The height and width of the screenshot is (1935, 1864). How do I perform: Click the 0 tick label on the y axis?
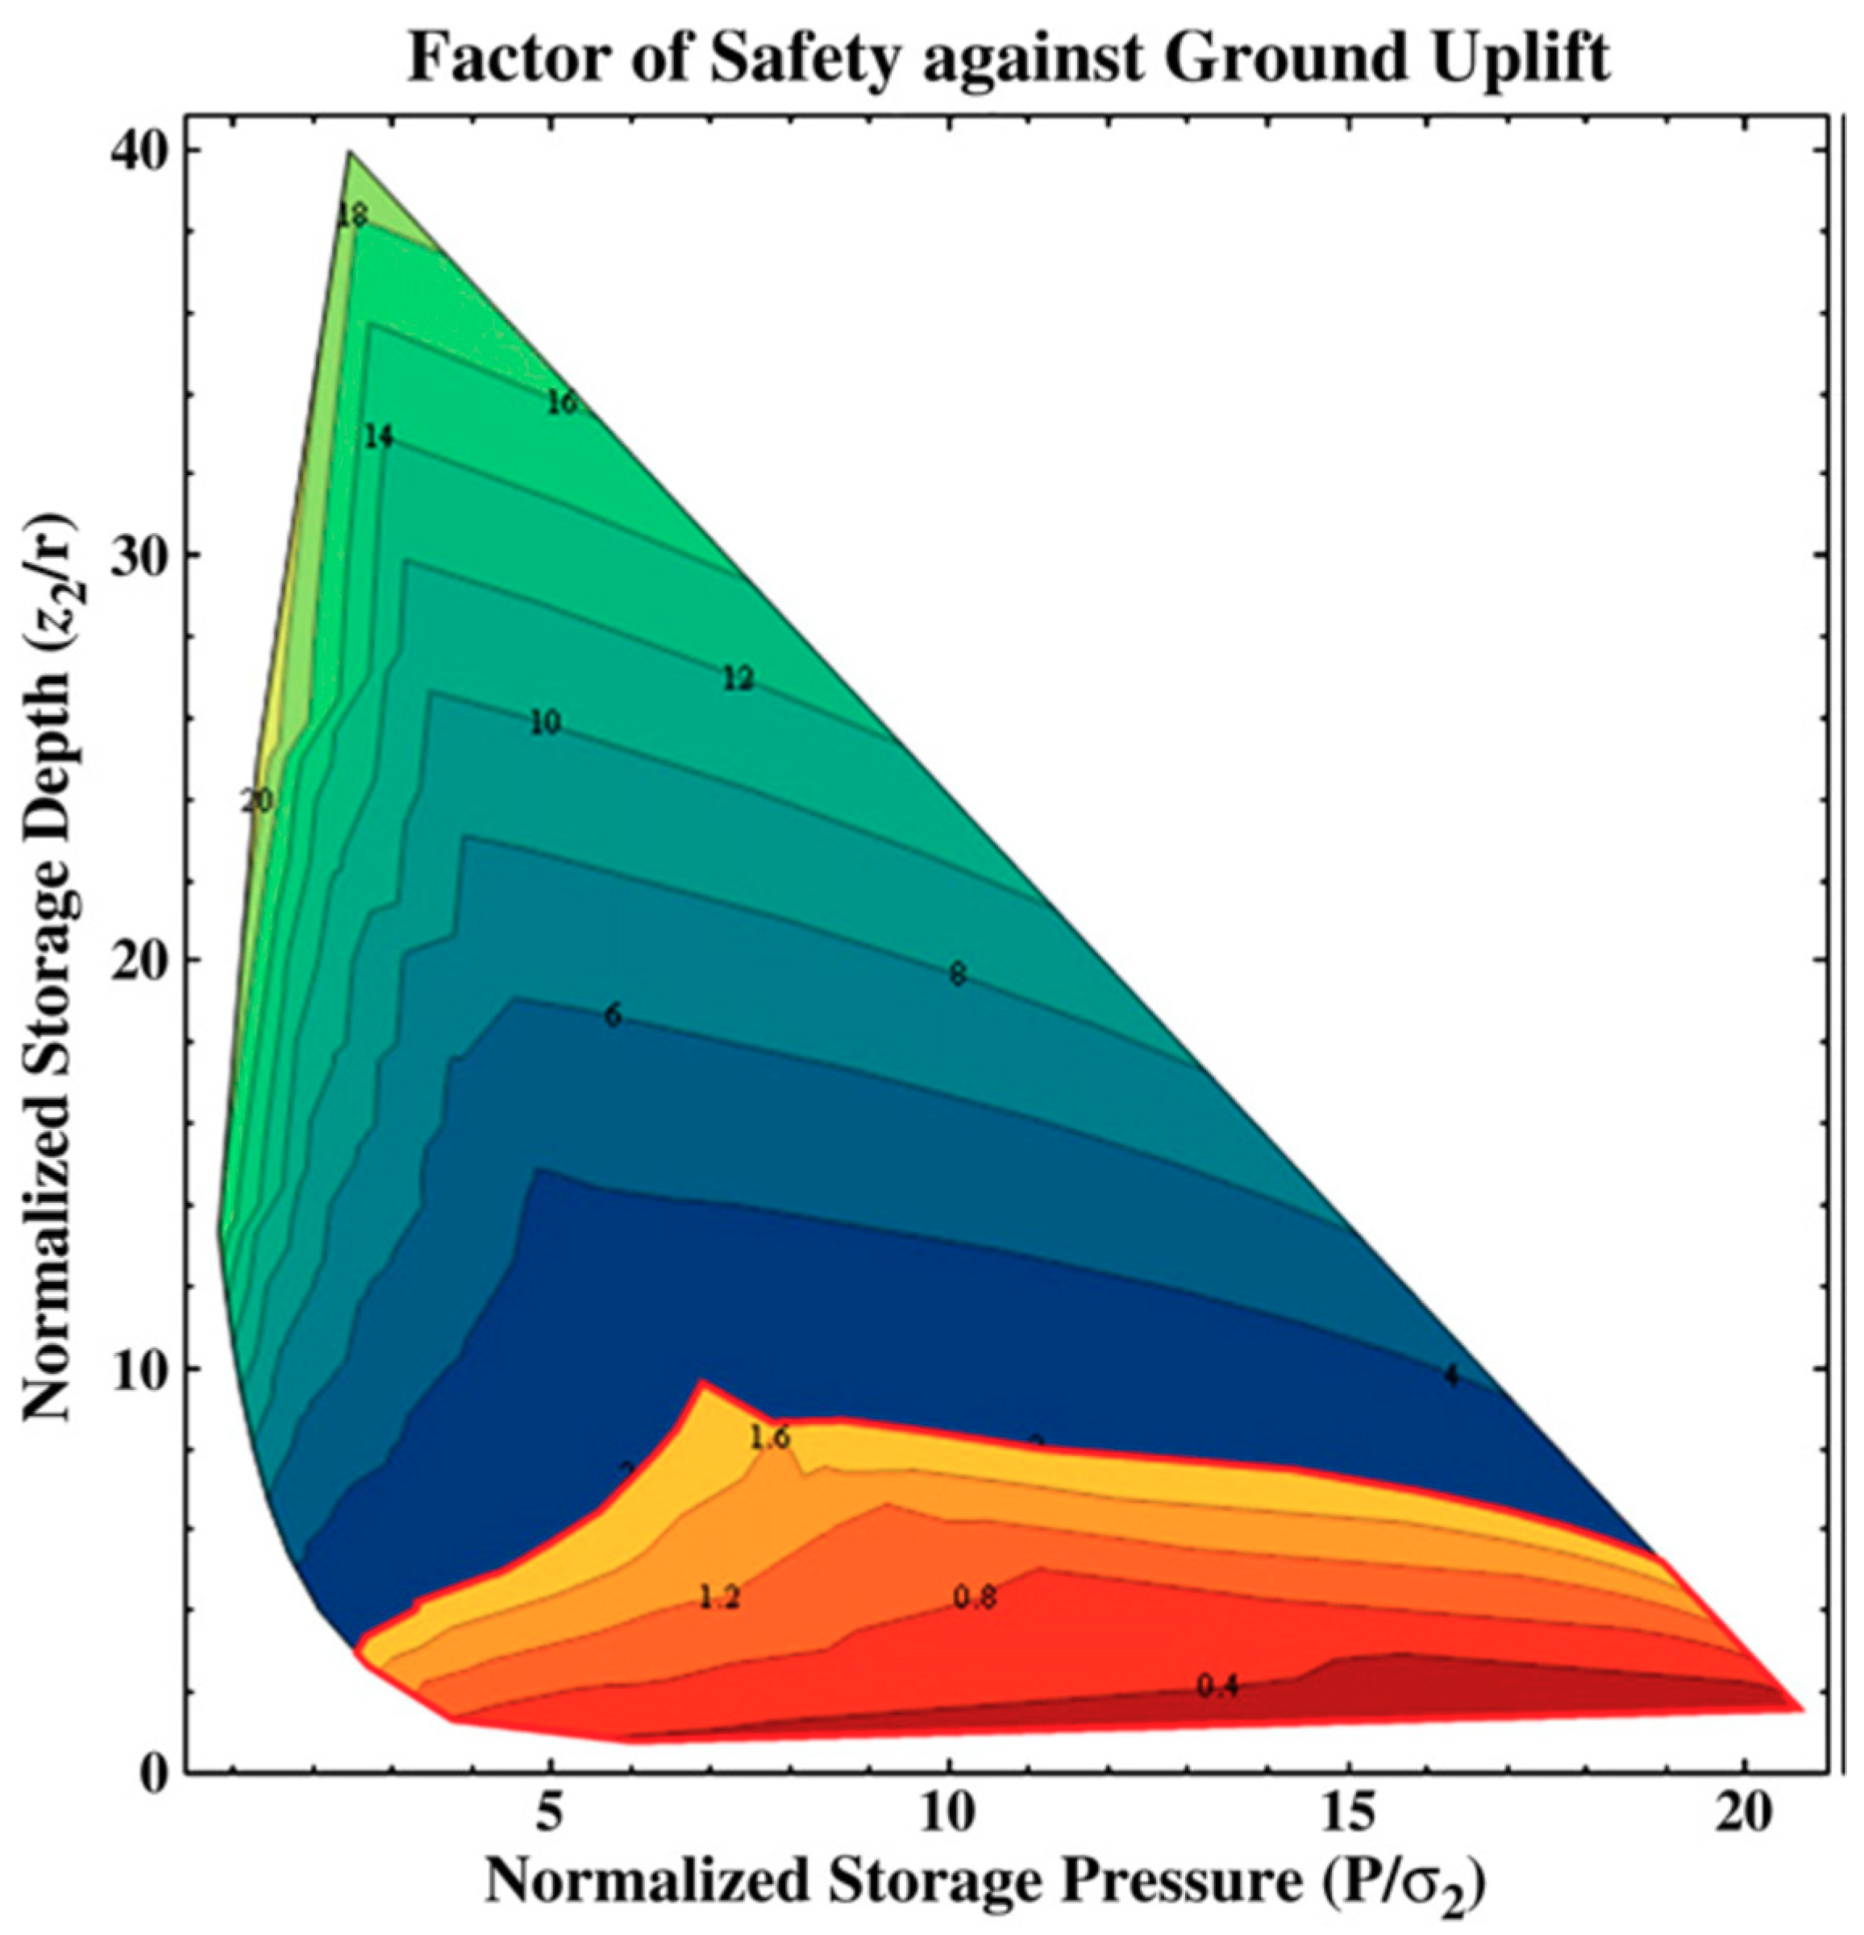click(152, 1774)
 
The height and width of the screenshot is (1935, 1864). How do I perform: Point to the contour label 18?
click(352, 215)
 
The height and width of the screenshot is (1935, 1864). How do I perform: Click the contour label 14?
click(377, 436)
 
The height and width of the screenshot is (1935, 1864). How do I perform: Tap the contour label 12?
click(739, 679)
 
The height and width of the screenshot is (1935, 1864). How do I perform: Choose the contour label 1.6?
click(769, 1438)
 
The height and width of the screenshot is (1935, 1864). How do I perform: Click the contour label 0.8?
click(976, 1596)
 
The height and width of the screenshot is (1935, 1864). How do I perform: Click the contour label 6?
click(613, 1016)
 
